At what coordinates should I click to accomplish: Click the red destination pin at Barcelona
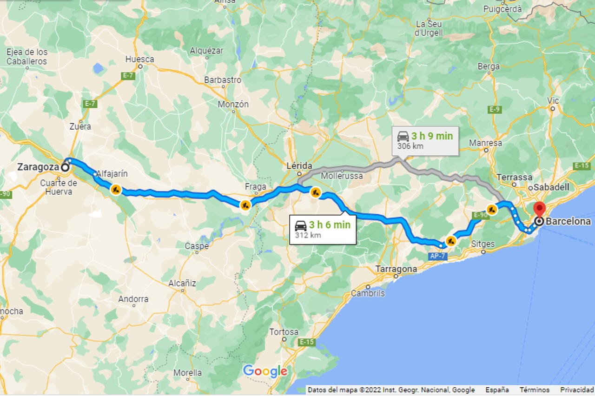coord(539,209)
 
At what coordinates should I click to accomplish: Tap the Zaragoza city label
coord(38,167)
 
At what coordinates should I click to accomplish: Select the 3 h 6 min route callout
coord(323,229)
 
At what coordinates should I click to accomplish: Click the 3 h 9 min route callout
coord(425,140)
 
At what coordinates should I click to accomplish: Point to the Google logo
coord(265,371)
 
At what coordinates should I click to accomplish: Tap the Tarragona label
coord(396,269)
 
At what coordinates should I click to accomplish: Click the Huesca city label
coord(139,59)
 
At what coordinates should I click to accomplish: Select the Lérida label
coord(299,166)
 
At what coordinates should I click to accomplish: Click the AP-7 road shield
coord(438,256)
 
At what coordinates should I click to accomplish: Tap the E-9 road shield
coord(495,109)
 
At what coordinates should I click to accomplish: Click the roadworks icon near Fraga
coord(245,205)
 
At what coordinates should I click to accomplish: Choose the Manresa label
coord(485,143)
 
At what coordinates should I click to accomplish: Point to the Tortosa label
coord(284,332)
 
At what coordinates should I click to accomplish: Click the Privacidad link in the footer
coord(576,390)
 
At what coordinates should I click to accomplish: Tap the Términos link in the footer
coord(534,390)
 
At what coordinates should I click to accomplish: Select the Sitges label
coord(483,244)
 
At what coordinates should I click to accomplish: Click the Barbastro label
coord(223,79)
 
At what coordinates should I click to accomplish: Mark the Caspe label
coord(197,246)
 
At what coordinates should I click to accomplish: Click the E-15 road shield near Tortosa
coord(307,342)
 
